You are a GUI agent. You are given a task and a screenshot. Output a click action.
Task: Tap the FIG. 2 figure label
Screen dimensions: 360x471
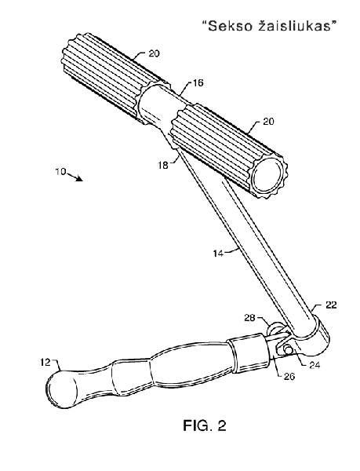[205, 425]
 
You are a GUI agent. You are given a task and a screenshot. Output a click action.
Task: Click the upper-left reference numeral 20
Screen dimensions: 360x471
[154, 53]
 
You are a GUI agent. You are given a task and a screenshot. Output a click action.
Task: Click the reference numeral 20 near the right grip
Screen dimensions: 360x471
[268, 122]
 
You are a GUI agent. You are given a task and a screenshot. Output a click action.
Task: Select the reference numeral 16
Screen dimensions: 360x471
[197, 82]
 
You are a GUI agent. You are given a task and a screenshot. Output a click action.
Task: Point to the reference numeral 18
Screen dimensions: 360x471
[163, 165]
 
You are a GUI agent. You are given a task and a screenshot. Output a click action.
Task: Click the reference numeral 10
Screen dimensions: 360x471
[60, 171]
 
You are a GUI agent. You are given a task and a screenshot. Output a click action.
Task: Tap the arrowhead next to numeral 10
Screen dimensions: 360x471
[79, 179]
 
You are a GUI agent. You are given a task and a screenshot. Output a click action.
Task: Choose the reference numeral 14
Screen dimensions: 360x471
[219, 254]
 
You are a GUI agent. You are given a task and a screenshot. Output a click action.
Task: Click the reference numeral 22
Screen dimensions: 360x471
[331, 305]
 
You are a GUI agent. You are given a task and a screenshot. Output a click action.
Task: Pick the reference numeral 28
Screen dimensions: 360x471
[250, 318]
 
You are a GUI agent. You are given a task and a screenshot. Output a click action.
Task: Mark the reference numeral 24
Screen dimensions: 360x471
[315, 365]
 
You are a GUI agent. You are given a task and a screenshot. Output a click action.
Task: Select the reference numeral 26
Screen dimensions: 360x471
[289, 376]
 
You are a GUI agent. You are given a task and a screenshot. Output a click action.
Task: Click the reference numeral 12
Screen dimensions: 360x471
[45, 363]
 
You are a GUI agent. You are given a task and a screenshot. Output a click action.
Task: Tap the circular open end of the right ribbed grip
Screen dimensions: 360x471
[267, 174]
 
